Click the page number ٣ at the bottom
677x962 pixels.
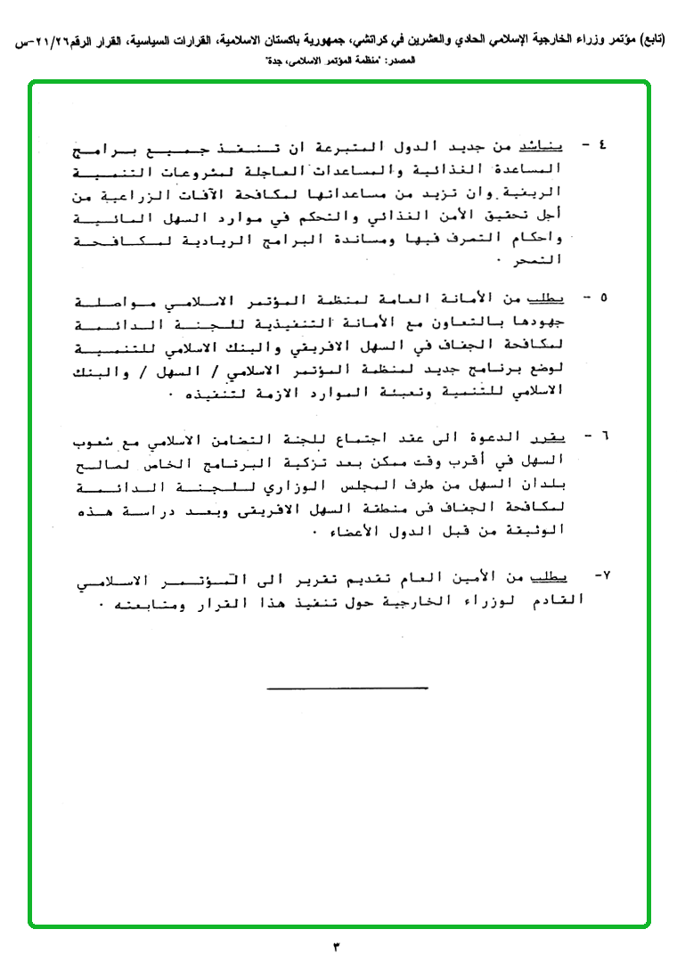point(338,946)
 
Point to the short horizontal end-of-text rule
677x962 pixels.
point(347,687)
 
